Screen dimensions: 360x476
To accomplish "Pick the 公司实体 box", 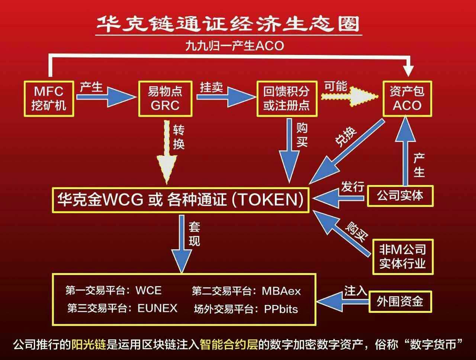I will [400, 195].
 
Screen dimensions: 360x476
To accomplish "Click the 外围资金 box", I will [400, 301].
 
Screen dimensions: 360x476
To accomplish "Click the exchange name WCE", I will [149, 290].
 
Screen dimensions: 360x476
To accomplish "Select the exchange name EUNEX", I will [157, 308].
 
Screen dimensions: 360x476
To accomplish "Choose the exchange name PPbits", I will [281, 309].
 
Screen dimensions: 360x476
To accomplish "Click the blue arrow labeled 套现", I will [181, 245].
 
